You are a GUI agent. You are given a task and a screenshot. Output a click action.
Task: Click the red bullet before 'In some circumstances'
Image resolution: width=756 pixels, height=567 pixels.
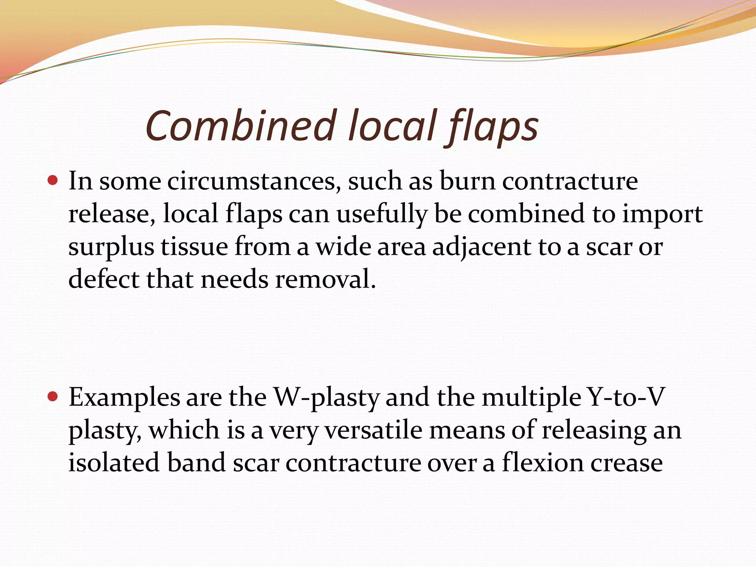tap(53, 181)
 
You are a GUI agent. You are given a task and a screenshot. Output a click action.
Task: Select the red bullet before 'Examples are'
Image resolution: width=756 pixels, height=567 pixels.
tap(53, 397)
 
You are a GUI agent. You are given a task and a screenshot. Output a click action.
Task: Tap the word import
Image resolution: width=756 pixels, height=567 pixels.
tap(662, 214)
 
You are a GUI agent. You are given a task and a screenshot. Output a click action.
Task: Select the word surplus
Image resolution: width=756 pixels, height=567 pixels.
tap(111, 247)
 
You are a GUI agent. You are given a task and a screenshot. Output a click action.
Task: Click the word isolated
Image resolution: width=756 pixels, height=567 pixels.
tap(114, 463)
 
